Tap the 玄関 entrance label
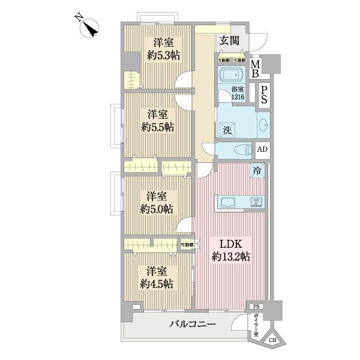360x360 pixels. pyautogui.click(x=229, y=41)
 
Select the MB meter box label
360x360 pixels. pyautogui.click(x=255, y=70)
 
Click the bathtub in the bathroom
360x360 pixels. pyautogui.click(x=231, y=76)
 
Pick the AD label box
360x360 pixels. pyautogui.click(x=262, y=150)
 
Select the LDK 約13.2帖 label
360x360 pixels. pyautogui.click(x=230, y=250)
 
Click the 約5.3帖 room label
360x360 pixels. pyautogui.click(x=159, y=49)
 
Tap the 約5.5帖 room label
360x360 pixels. pyautogui.click(x=158, y=120)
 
